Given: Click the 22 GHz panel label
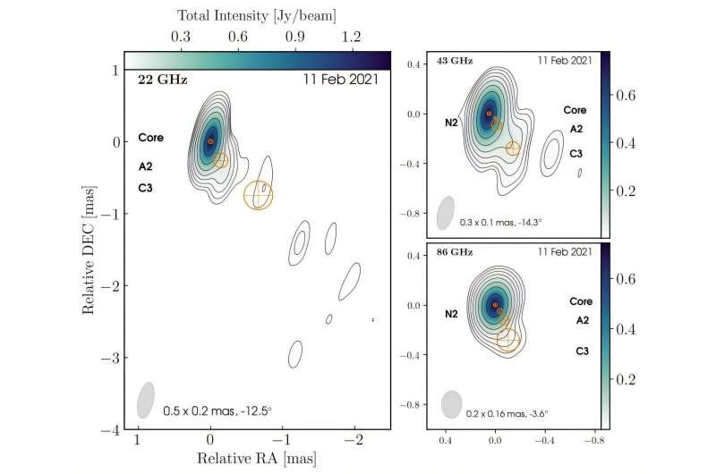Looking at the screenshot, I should click(158, 79).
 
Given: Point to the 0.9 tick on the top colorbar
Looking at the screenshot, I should click(294, 38).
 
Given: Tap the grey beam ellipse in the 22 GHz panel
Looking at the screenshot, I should click(145, 400).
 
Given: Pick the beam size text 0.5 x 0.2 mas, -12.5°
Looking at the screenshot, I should click(217, 411).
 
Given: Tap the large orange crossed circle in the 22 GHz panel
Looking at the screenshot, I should click(259, 195).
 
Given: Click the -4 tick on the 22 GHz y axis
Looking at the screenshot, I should click(117, 430).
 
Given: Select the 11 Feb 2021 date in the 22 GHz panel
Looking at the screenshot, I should click(345, 79).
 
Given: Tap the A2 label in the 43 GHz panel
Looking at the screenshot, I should click(577, 128).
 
